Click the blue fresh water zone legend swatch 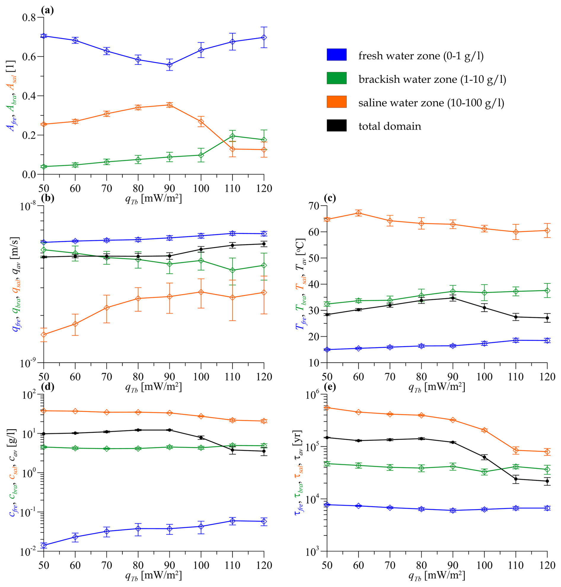[337, 55]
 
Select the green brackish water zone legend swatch [337, 78]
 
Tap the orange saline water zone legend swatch [337, 102]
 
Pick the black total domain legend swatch [337, 126]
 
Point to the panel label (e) [330, 387]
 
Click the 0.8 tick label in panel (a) [29, 18]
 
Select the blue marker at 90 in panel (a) [170, 65]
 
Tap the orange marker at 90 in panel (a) [170, 105]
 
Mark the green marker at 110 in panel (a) [232, 136]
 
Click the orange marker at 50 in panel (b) [44, 334]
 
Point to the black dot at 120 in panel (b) [264, 244]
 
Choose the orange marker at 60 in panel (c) [358, 213]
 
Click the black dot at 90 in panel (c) [453, 298]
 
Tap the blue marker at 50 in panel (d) [44, 545]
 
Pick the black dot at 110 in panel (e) [516, 479]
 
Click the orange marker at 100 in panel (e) [484, 430]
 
